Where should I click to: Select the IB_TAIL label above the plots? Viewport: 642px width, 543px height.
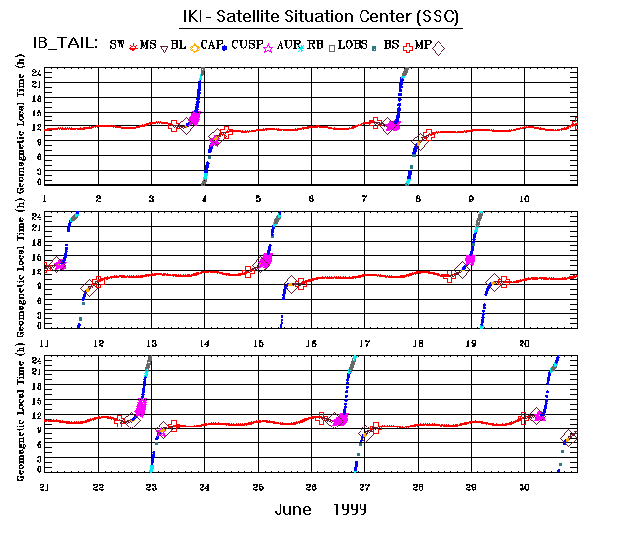pos(64,44)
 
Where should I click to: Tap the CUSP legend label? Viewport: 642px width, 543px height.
pos(247,45)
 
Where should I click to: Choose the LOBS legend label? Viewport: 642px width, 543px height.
pos(352,45)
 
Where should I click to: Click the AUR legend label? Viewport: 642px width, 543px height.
pos(289,45)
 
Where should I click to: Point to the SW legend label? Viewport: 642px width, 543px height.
pos(117,45)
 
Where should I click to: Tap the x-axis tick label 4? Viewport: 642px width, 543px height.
pos(204,199)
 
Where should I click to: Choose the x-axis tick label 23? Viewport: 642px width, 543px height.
pos(151,487)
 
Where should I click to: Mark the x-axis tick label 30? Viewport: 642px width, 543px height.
pos(524,487)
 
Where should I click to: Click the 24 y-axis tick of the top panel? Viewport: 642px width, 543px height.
pos(36,72)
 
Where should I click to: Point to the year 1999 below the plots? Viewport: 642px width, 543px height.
pos(350,509)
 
